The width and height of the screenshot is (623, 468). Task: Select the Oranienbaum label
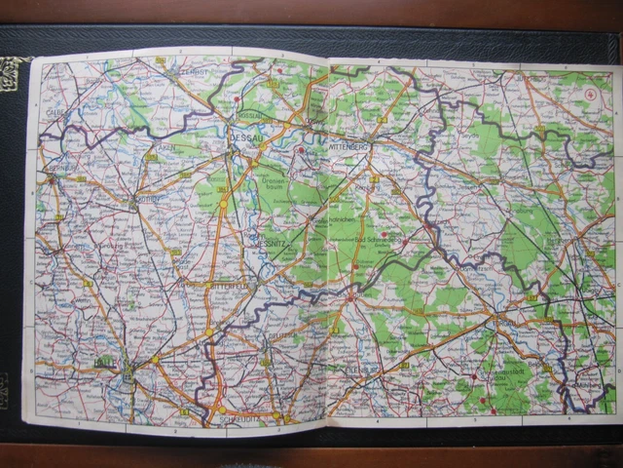275,185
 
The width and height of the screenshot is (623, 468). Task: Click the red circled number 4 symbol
591,95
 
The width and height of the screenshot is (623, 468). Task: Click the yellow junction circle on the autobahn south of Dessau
222,203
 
